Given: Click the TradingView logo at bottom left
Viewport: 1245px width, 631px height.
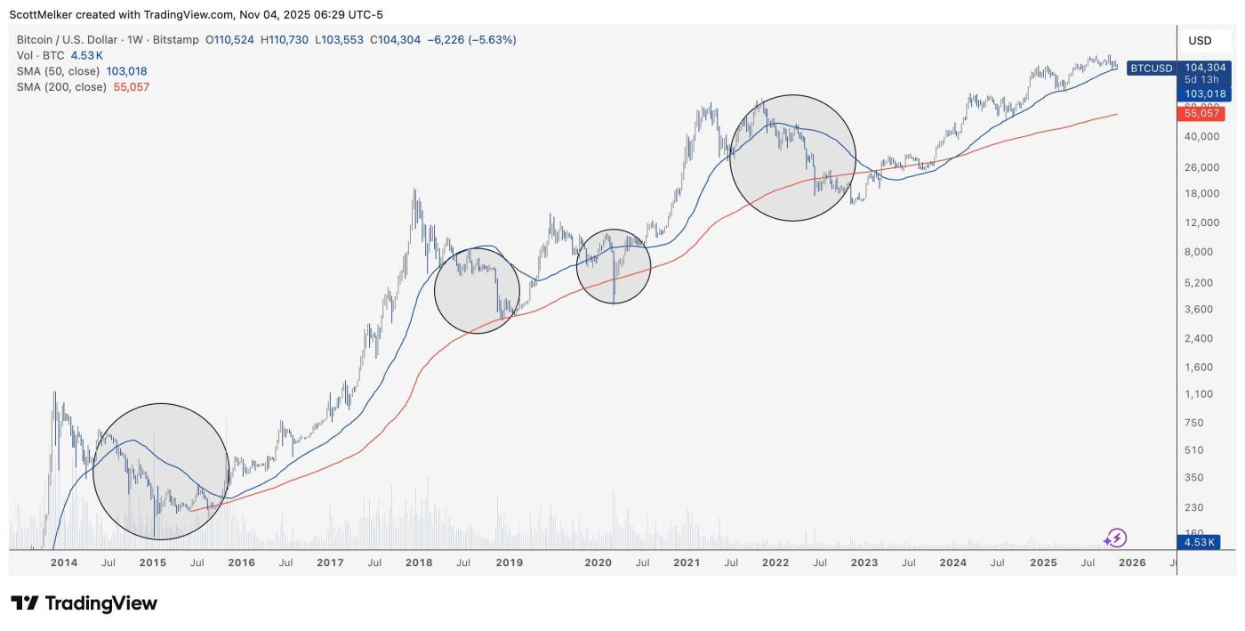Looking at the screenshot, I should coord(84,603).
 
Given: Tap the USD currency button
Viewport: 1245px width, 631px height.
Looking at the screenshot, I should coord(1200,41).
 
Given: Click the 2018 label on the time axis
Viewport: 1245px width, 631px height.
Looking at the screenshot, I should coord(419,562).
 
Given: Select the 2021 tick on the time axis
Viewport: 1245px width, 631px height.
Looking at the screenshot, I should coord(686,562).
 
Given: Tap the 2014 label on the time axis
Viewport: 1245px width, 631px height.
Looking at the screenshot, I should coord(64,562).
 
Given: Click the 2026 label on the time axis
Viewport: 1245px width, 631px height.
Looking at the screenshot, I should coord(1131,562).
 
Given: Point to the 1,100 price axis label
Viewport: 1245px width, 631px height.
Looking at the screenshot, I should coord(1201,394).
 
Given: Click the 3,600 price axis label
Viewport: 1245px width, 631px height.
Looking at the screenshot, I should coord(1201,310).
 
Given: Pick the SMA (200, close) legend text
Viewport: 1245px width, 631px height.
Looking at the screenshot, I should coord(61,87).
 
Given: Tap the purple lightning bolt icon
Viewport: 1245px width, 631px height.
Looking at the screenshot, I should coord(1115,538).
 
